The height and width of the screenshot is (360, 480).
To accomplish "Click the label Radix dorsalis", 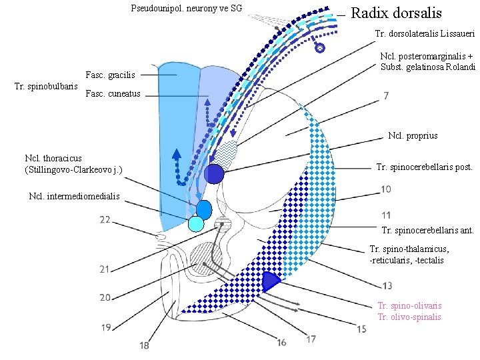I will point(395,13).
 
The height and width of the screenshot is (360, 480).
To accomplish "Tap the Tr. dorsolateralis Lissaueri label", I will point(424,33).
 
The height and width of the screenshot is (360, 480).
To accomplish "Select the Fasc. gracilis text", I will point(110,75).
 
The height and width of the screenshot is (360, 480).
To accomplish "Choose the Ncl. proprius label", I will point(413,135).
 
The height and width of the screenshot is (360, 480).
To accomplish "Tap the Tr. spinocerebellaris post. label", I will point(425,167).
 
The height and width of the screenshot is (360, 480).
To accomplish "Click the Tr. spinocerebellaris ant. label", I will point(427,231).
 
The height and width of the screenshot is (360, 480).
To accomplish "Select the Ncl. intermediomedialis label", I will point(75,196).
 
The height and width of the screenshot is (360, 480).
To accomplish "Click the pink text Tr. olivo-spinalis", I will point(409,317).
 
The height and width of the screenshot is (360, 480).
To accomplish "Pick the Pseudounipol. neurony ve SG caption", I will point(187,9).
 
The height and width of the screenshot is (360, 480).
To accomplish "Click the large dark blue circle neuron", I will point(214,173).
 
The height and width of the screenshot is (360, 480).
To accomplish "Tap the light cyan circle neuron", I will point(195,223).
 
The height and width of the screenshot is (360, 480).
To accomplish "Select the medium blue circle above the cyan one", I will point(204,209).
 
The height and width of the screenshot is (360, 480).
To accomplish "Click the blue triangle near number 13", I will point(270,281).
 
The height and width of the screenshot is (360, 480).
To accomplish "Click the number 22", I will point(105,219).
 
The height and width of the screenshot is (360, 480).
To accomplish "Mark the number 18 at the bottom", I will point(145,345).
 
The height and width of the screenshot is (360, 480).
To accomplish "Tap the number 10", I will point(386,190).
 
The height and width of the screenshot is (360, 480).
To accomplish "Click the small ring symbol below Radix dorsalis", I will point(319,48).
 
